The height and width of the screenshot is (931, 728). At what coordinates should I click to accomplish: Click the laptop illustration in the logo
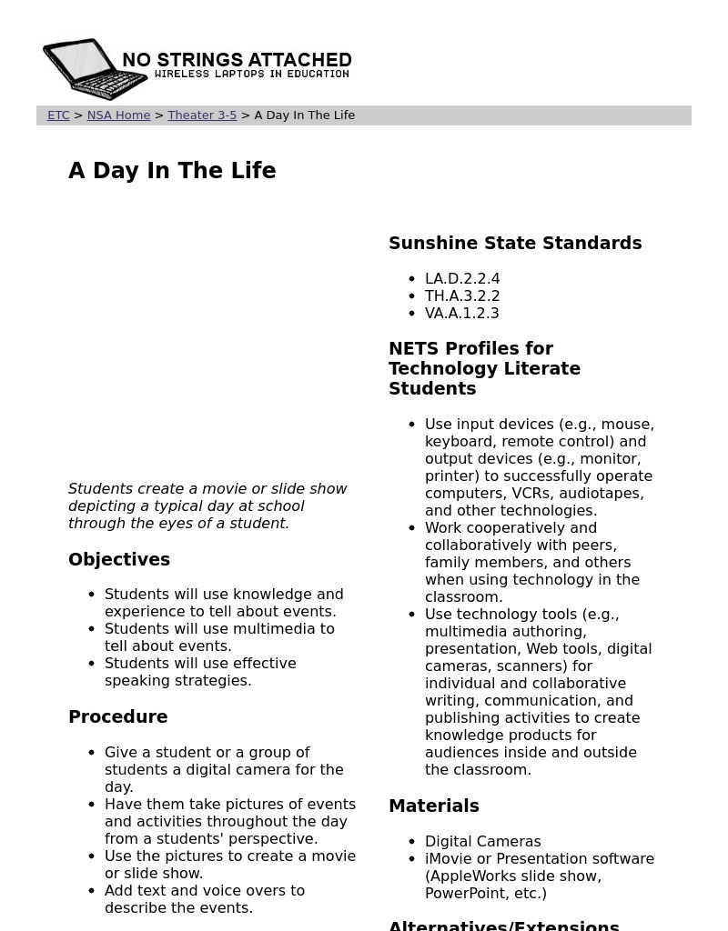[x=91, y=68]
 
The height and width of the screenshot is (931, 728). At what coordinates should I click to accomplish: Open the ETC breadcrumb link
[x=58, y=115]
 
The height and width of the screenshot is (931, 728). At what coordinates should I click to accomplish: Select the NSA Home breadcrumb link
[x=118, y=115]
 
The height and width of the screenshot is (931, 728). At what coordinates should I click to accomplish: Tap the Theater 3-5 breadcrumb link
[x=202, y=115]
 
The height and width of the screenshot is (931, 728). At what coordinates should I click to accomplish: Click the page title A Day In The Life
[x=172, y=171]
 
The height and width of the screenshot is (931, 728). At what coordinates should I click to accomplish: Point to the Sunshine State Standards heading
[x=515, y=244]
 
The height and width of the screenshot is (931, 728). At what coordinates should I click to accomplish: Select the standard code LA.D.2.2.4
[x=462, y=279]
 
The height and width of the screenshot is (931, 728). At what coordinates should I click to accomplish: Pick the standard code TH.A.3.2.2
[x=462, y=296]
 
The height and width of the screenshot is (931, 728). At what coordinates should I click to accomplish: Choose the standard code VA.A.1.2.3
[x=462, y=314]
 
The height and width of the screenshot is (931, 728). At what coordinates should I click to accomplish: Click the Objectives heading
[x=119, y=560]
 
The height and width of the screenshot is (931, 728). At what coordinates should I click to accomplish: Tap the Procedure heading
[x=118, y=717]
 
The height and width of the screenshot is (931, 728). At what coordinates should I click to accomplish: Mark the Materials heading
[x=434, y=806]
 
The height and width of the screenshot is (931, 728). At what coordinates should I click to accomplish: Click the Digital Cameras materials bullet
[x=482, y=842]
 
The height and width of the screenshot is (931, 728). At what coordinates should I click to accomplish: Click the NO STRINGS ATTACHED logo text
[x=237, y=60]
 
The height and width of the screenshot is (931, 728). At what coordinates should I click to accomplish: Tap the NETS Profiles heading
[x=484, y=368]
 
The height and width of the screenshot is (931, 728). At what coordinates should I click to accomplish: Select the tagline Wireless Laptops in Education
[x=252, y=75]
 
